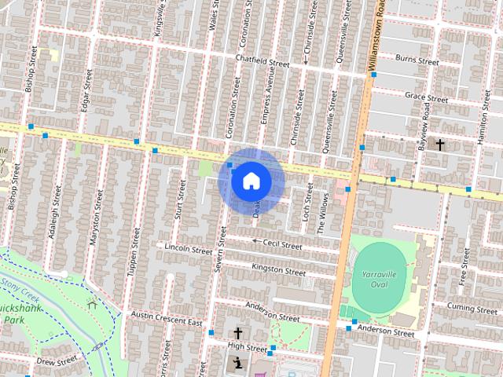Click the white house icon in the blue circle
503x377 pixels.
tap(251, 181)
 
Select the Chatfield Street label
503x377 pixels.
tap(263, 60)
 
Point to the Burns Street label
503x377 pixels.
tap(417, 59)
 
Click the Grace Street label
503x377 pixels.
tap(426, 98)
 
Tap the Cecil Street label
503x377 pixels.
tap(282, 245)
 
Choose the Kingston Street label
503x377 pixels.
tap(278, 270)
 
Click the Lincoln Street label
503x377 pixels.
tap(189, 248)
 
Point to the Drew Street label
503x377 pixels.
tap(57, 361)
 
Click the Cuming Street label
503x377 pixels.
tap(473, 305)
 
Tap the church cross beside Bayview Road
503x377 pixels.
tap(440, 145)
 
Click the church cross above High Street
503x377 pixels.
tap(237, 333)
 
